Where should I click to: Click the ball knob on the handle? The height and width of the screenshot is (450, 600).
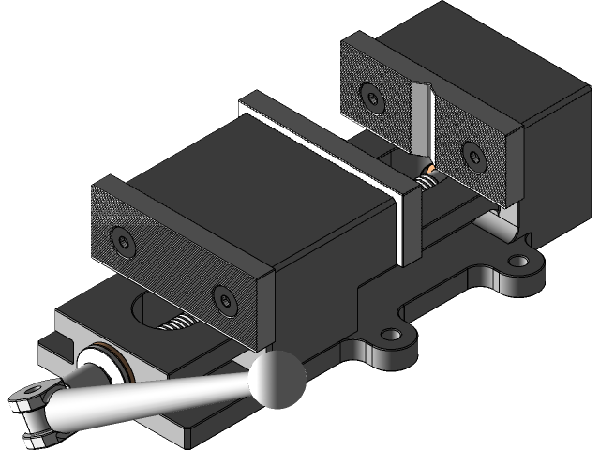coord(278,378)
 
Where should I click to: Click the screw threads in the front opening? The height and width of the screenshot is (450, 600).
coord(180,323)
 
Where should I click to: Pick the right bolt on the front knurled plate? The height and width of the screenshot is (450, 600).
coord(224,299)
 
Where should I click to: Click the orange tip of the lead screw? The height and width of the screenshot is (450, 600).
coord(430,170)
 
